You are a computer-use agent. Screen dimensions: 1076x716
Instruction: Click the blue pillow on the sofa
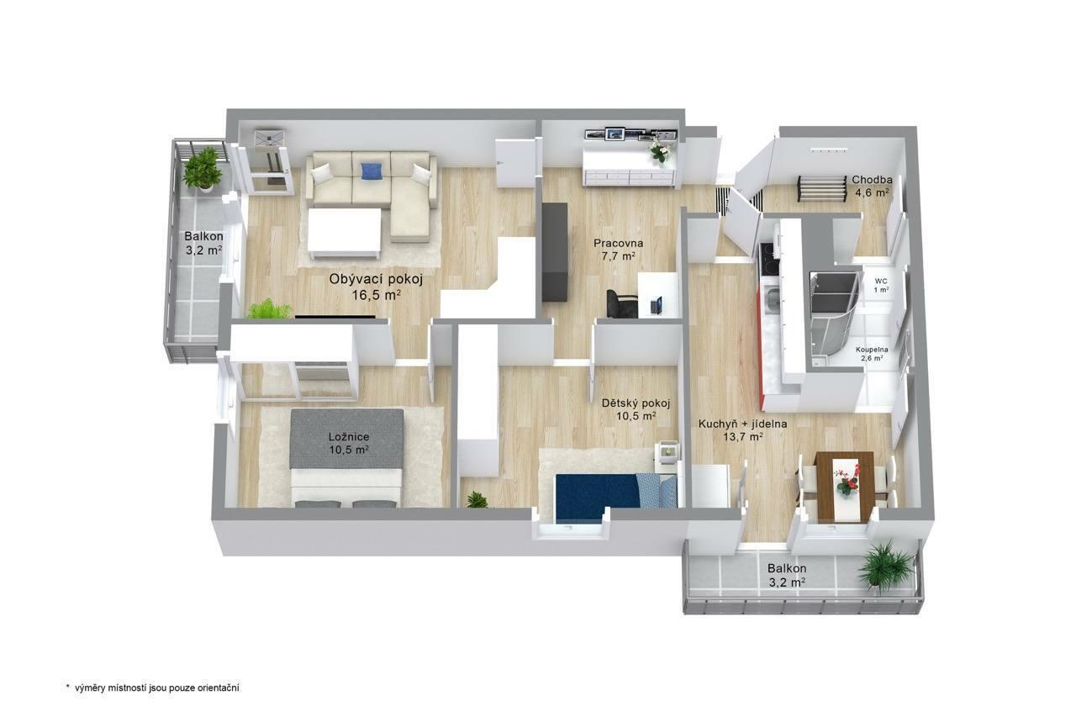[372, 171]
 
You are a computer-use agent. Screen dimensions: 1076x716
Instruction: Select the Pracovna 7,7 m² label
[618, 250]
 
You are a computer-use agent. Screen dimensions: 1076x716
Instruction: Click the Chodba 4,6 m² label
[872, 187]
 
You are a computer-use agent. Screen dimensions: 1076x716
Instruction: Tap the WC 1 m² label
[881, 285]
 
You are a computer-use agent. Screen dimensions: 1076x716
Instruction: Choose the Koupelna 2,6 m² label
[872, 354]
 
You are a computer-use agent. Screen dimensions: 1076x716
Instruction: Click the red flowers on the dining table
[846, 481]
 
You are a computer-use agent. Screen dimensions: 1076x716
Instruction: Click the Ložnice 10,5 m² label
[349, 443]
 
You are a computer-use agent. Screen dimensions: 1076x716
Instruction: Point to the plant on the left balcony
[203, 169]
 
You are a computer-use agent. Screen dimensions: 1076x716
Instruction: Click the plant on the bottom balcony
[885, 565]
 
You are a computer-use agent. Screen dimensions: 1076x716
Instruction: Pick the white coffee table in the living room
[345, 233]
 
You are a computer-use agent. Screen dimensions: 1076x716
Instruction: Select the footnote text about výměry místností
[153, 687]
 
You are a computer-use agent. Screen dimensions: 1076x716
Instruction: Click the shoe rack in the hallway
[822, 188]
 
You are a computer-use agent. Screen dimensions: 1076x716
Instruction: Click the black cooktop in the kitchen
[768, 261]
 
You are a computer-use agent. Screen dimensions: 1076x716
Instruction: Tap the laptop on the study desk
[657, 305]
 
